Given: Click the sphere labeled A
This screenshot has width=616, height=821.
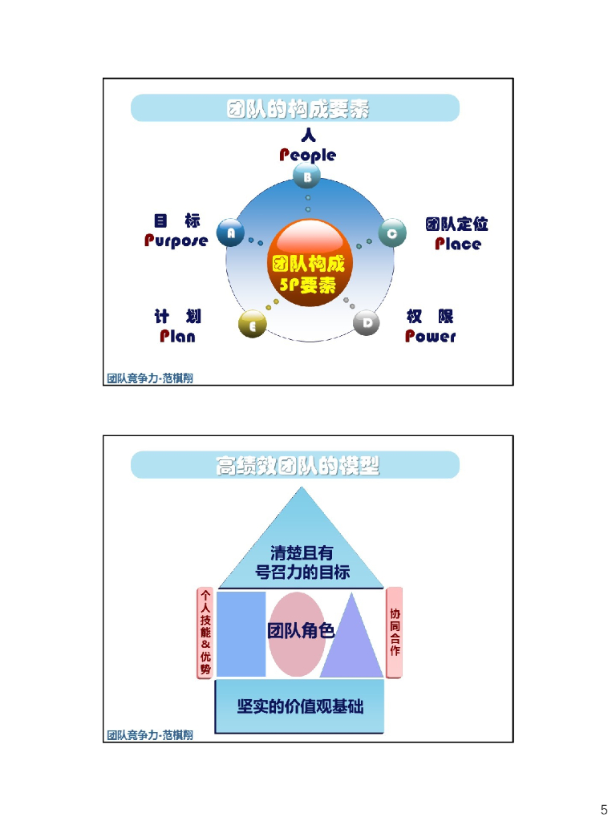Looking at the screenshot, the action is (x=231, y=233).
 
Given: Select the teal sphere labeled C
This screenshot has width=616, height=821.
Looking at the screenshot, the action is (x=391, y=233).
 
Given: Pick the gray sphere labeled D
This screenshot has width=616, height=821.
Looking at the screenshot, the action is (x=367, y=323).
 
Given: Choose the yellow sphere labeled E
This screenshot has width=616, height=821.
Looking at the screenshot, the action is (x=252, y=325).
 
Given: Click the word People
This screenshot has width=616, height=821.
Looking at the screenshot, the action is (x=307, y=155).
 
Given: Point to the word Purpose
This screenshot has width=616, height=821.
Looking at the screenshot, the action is (x=176, y=241).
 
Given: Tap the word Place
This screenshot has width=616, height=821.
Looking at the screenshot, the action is (x=458, y=244).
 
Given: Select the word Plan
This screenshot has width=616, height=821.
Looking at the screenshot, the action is (x=177, y=336).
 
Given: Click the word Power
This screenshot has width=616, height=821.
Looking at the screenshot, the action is (x=430, y=336).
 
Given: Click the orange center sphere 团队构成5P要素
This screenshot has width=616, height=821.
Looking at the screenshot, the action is (x=309, y=264).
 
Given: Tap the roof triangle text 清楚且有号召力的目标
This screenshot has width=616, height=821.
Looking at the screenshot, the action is (x=302, y=562).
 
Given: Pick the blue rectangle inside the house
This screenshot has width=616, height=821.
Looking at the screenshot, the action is (x=241, y=634).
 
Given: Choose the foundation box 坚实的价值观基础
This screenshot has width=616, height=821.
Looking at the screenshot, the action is (x=299, y=706).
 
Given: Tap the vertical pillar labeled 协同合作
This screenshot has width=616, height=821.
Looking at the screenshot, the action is (x=394, y=633).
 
